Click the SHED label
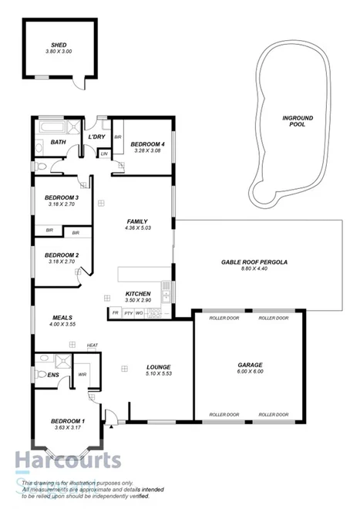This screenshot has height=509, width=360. tap(59, 46)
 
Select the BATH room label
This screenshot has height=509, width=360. tap(58, 143)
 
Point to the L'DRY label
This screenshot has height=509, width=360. tap(96, 137)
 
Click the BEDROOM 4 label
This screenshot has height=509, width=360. tap(147, 144)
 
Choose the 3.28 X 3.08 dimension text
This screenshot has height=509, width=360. tap(147, 151)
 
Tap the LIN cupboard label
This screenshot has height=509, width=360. tap(104, 154)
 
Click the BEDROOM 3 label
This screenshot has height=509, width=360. tap(62, 197)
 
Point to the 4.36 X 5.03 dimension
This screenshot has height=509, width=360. tap(137, 228)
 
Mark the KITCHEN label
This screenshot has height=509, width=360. tap(137, 295)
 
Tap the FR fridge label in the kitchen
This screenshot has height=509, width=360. tap(115, 313)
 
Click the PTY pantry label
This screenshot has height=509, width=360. tap(128, 313)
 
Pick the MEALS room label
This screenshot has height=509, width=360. tap(62, 317)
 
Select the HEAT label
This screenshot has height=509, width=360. tap(92, 345)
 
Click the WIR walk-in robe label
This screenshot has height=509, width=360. tap(83, 375)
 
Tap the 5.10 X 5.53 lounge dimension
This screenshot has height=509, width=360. tap(158, 374)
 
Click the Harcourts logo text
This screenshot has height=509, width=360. tap(67, 461)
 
